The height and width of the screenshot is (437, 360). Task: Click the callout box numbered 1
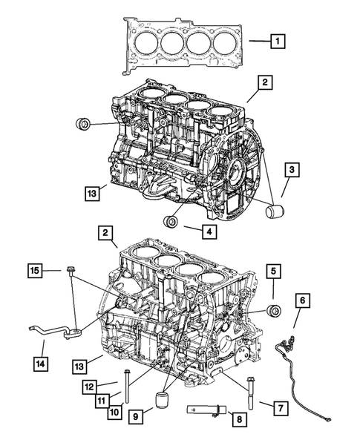click(x=276, y=42)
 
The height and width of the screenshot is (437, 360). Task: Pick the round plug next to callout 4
click(x=173, y=221)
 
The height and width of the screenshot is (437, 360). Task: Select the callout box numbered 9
click(x=135, y=418)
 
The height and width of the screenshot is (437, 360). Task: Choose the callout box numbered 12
click(x=89, y=386)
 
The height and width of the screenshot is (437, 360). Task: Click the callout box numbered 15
click(x=34, y=272)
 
